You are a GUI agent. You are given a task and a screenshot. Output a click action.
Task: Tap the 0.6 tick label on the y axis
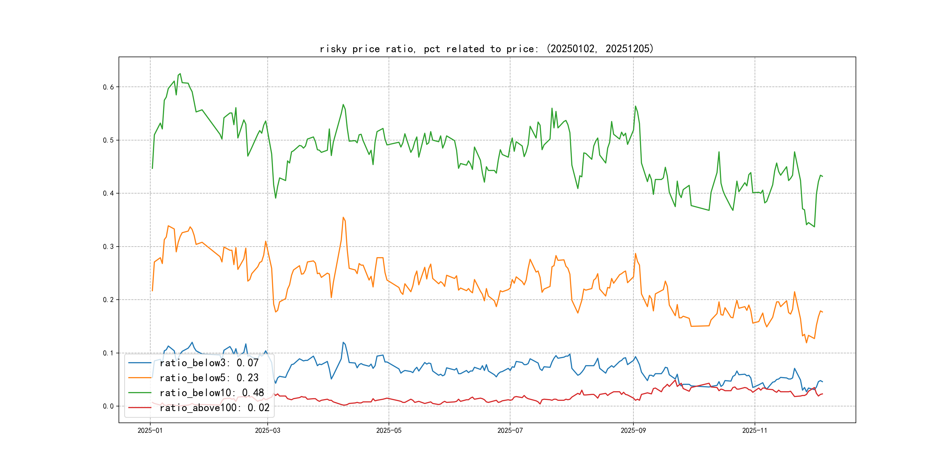108,87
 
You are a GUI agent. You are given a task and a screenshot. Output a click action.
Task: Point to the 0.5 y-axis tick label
108,140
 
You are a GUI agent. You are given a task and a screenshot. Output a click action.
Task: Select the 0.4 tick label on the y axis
108,193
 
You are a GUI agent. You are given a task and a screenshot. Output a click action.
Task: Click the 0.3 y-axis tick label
108,247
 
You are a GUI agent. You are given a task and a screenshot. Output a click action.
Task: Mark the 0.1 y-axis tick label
108,353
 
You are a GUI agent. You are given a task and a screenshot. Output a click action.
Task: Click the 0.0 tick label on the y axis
108,406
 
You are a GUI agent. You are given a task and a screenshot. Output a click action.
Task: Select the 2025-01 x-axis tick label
150,430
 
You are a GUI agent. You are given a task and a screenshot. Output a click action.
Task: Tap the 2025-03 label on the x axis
268,430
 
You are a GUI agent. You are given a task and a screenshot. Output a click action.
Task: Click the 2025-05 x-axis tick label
389,430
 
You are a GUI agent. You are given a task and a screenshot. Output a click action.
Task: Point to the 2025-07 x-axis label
510,430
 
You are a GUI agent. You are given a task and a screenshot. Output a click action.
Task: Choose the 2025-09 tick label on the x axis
633,430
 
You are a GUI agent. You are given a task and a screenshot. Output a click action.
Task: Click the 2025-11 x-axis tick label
755,430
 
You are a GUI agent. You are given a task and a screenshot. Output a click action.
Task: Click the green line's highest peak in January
180,74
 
